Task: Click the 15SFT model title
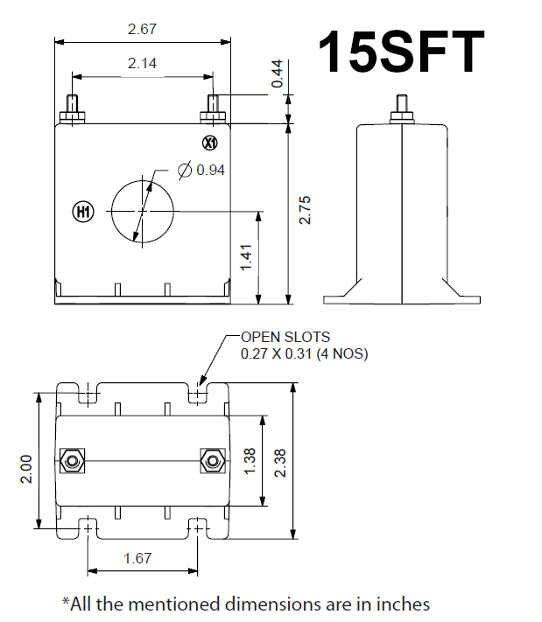400,52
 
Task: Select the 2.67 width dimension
142,30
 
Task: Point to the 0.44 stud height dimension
278,73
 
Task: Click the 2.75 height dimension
305,210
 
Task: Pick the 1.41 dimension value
247,257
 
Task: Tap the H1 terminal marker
81,212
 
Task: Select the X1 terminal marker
209,143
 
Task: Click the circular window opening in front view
142,210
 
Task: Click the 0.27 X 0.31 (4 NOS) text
304,354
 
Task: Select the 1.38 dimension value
250,460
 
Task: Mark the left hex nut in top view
72,459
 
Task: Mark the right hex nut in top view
210,459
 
